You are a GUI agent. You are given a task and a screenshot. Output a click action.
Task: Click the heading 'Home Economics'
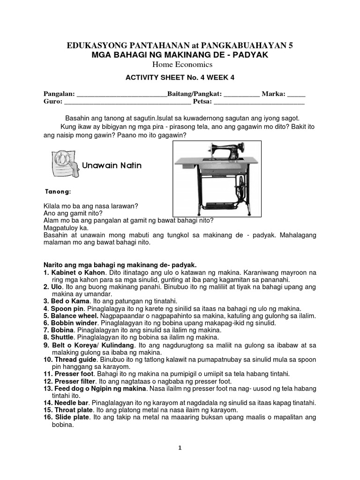[x=180, y=64]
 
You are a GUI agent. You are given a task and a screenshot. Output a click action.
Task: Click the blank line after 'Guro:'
[x=127, y=102]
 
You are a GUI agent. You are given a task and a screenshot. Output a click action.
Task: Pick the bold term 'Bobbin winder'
[x=74, y=323]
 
